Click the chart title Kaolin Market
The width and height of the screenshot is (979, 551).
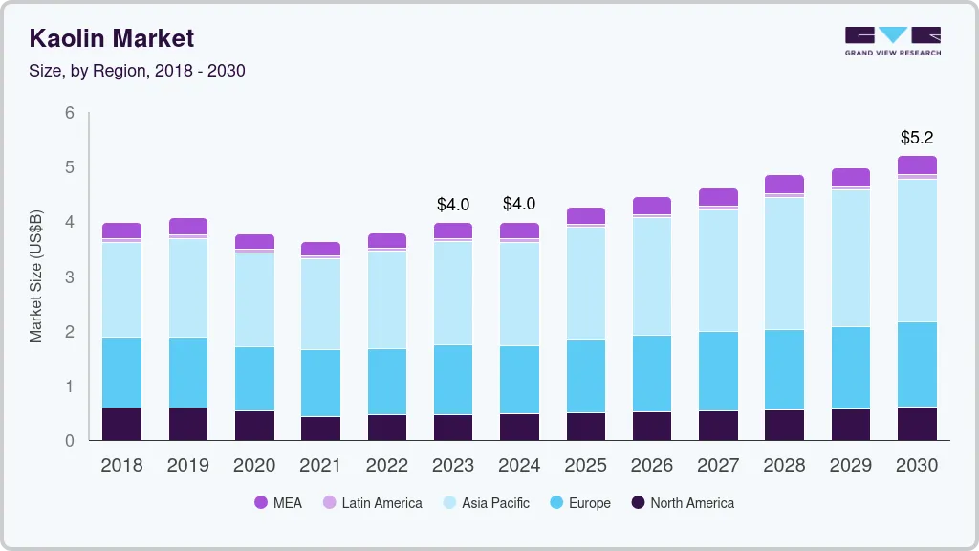111,38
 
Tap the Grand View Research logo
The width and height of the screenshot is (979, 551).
892,41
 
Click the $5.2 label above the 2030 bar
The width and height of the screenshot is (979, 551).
917,138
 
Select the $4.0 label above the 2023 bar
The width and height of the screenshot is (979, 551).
453,204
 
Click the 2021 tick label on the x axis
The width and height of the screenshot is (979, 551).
320,466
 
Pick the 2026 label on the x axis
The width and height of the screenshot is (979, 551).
651,466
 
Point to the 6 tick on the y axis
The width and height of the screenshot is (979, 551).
70,113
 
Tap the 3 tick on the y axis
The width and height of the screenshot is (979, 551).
70,277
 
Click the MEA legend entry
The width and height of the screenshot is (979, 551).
277,503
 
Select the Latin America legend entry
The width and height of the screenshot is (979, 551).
372,503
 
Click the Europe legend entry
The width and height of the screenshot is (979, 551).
578,503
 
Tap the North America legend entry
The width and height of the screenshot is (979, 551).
682,503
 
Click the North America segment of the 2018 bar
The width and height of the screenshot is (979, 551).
121,425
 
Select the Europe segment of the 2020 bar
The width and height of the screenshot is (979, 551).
254,379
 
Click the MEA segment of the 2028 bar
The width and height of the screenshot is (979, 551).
784,184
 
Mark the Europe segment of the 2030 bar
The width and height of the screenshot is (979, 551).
917,364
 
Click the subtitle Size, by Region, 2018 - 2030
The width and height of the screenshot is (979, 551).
138,71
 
